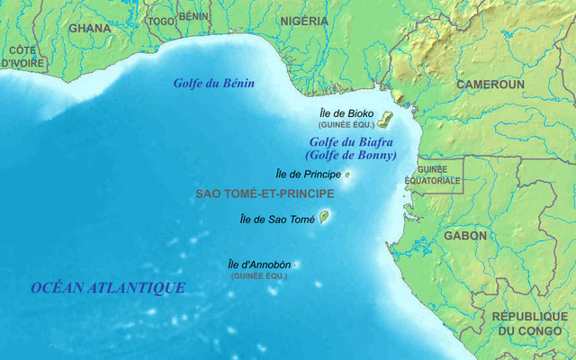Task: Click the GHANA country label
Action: (90, 28)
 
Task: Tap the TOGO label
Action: (161, 21)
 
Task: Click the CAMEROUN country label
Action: (490, 84)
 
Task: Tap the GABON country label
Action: (464, 236)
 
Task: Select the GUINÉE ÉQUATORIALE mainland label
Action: (438, 175)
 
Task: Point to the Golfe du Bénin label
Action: (214, 84)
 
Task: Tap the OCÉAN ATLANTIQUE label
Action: (108, 288)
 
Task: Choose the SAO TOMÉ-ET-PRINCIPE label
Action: (265, 193)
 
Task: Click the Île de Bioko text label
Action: (346, 113)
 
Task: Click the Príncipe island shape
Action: (347, 175)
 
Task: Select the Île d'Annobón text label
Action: (259, 265)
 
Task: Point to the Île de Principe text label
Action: (307, 174)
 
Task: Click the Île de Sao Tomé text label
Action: (277, 219)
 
